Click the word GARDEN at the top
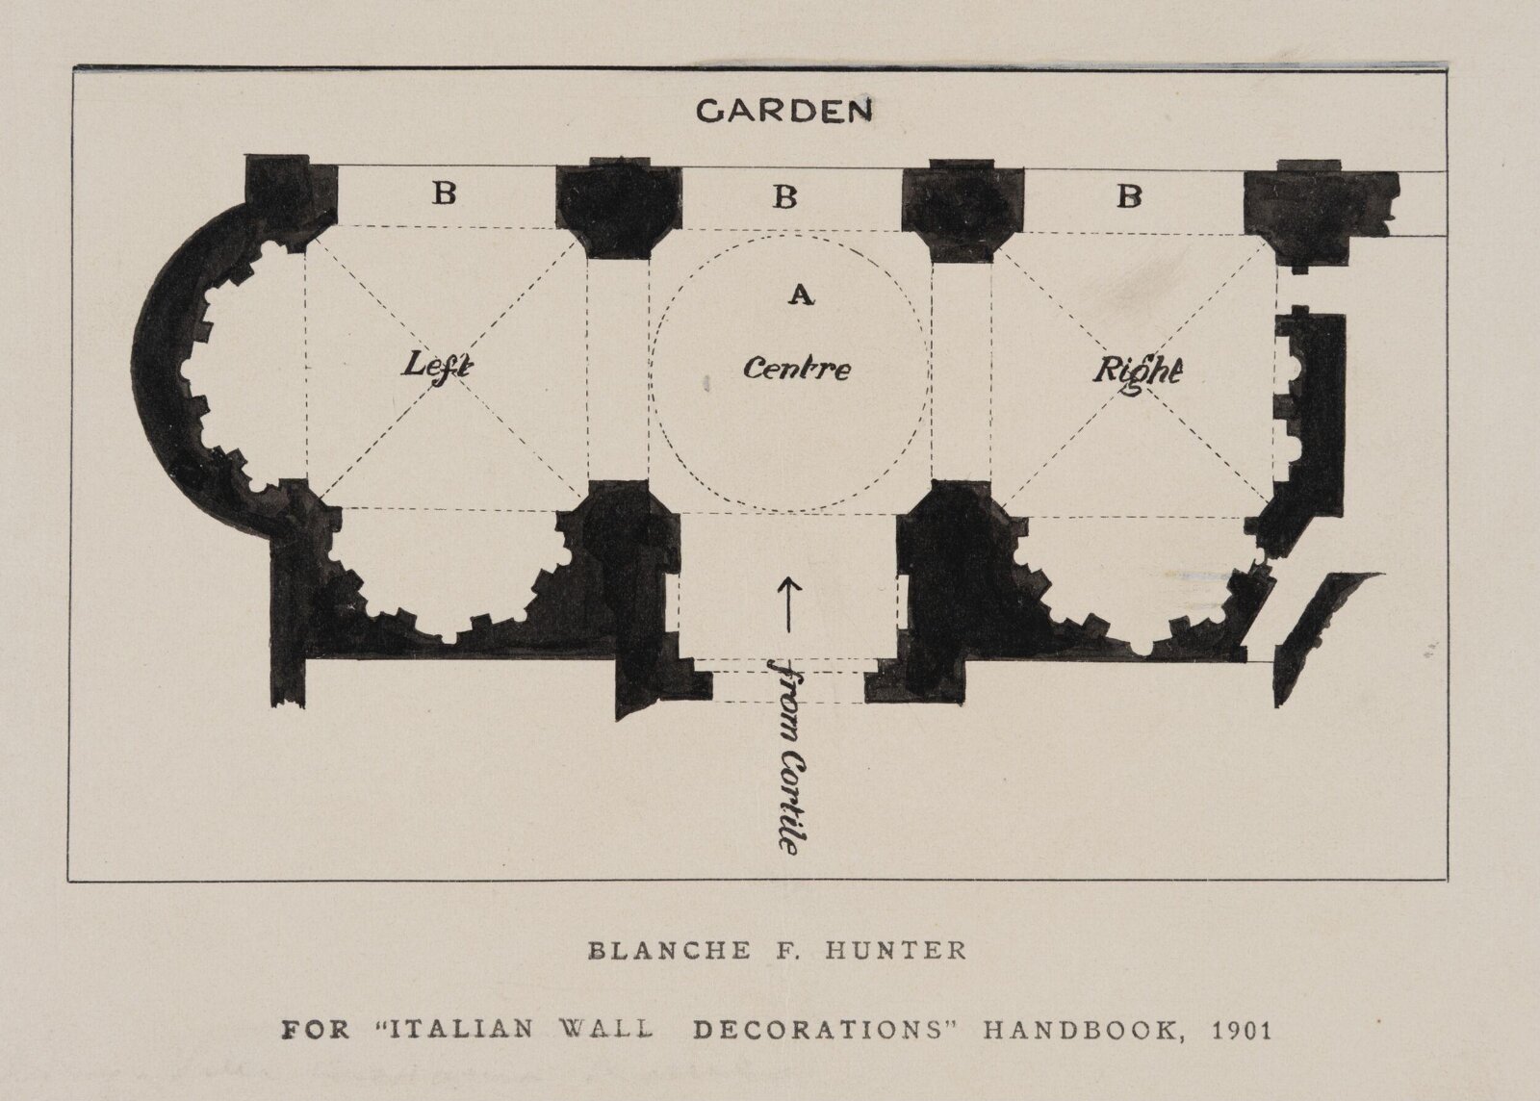(x=783, y=111)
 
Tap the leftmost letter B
(x=444, y=193)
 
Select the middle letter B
(x=784, y=196)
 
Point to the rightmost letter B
(x=1129, y=196)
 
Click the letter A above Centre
(x=802, y=294)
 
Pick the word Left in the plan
(x=437, y=364)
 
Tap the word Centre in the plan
(x=797, y=369)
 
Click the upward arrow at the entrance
(x=789, y=604)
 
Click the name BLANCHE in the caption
(x=670, y=951)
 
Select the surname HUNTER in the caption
(x=895, y=951)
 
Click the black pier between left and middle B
(x=618, y=208)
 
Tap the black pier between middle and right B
(x=962, y=210)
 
